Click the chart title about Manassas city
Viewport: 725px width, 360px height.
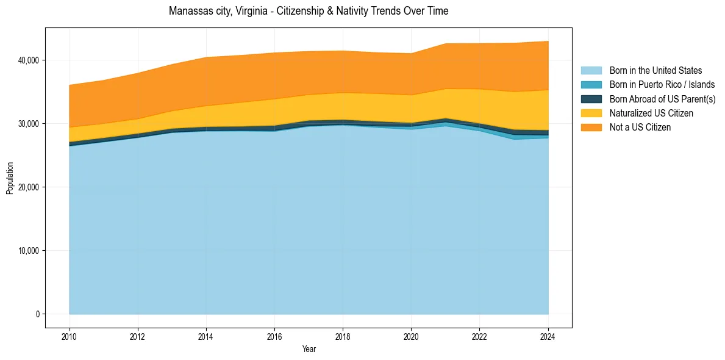pos(309,11)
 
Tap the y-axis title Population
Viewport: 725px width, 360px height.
pos(10,178)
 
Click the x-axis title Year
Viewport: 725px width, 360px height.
pos(309,349)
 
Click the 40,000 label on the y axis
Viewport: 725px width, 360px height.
pos(29,60)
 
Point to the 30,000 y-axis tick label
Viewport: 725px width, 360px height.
pos(29,124)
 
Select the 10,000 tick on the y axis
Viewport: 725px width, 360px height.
pos(29,251)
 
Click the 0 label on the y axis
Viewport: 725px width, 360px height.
pos(37,314)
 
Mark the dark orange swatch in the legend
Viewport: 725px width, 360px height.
pos(591,127)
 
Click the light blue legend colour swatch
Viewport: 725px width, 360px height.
pos(591,71)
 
